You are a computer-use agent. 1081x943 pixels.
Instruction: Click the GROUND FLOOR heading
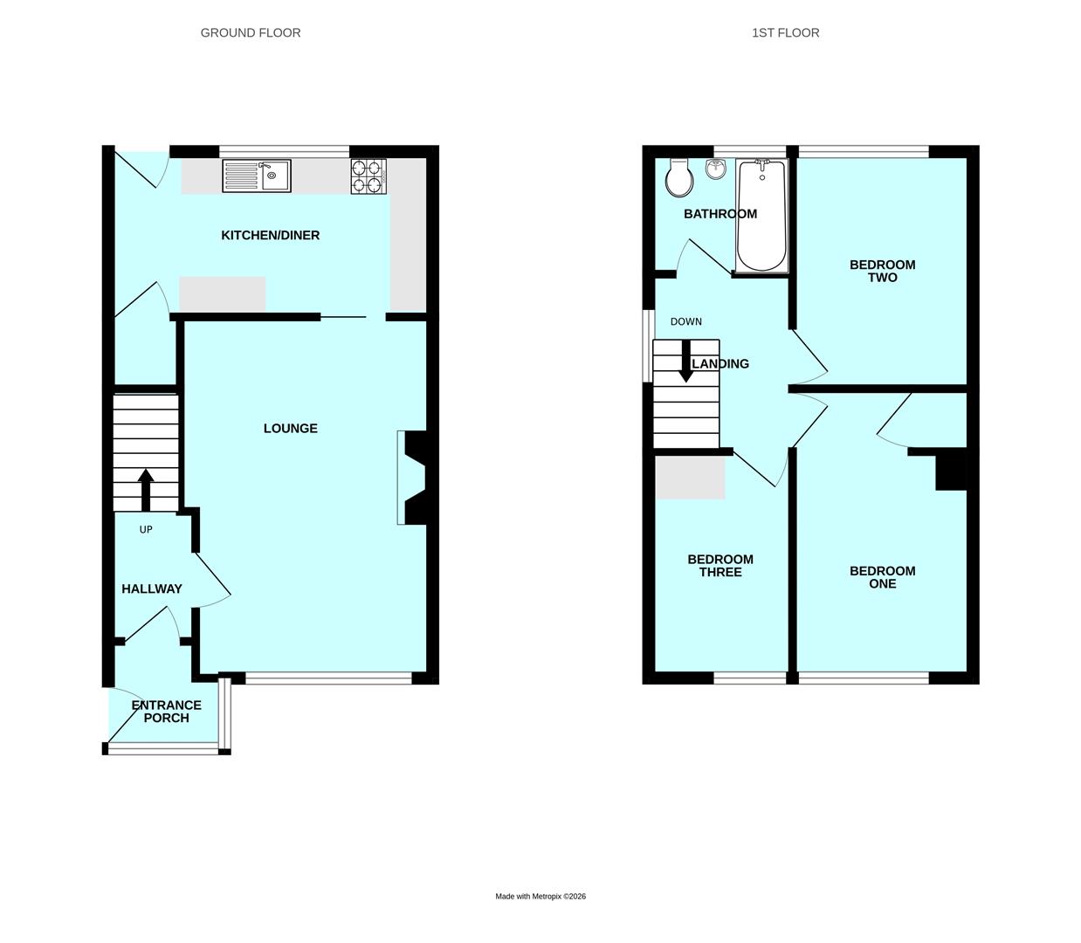pyautogui.click(x=251, y=33)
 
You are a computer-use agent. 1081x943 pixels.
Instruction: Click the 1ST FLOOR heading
pyautogui.click(x=785, y=33)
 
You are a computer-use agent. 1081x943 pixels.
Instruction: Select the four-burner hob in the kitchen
pyautogui.click(x=368, y=176)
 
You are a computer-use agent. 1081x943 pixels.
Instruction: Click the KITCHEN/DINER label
pyautogui.click(x=270, y=235)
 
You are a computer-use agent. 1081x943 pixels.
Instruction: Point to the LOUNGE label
pyautogui.click(x=291, y=428)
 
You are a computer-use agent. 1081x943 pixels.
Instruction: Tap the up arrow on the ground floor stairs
pyautogui.click(x=146, y=489)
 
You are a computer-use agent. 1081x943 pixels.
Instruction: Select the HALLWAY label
pyautogui.click(x=152, y=589)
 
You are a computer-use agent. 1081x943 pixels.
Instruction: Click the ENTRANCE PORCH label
pyautogui.click(x=166, y=712)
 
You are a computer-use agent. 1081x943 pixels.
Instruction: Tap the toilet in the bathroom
pyautogui.click(x=678, y=179)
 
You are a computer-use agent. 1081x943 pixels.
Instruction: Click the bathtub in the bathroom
pyautogui.click(x=762, y=216)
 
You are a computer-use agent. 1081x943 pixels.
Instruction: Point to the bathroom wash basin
pyautogui.click(x=716, y=169)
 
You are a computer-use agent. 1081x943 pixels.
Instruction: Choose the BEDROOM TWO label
pyautogui.click(x=882, y=271)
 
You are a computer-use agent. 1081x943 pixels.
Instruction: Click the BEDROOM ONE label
pyautogui.click(x=882, y=577)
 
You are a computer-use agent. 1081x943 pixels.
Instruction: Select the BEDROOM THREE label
pyautogui.click(x=720, y=566)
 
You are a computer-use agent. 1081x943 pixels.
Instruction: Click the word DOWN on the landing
pyautogui.click(x=686, y=321)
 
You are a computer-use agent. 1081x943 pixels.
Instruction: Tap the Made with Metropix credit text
pyautogui.click(x=540, y=896)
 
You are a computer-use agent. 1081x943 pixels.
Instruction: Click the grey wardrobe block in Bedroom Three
pyautogui.click(x=691, y=478)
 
